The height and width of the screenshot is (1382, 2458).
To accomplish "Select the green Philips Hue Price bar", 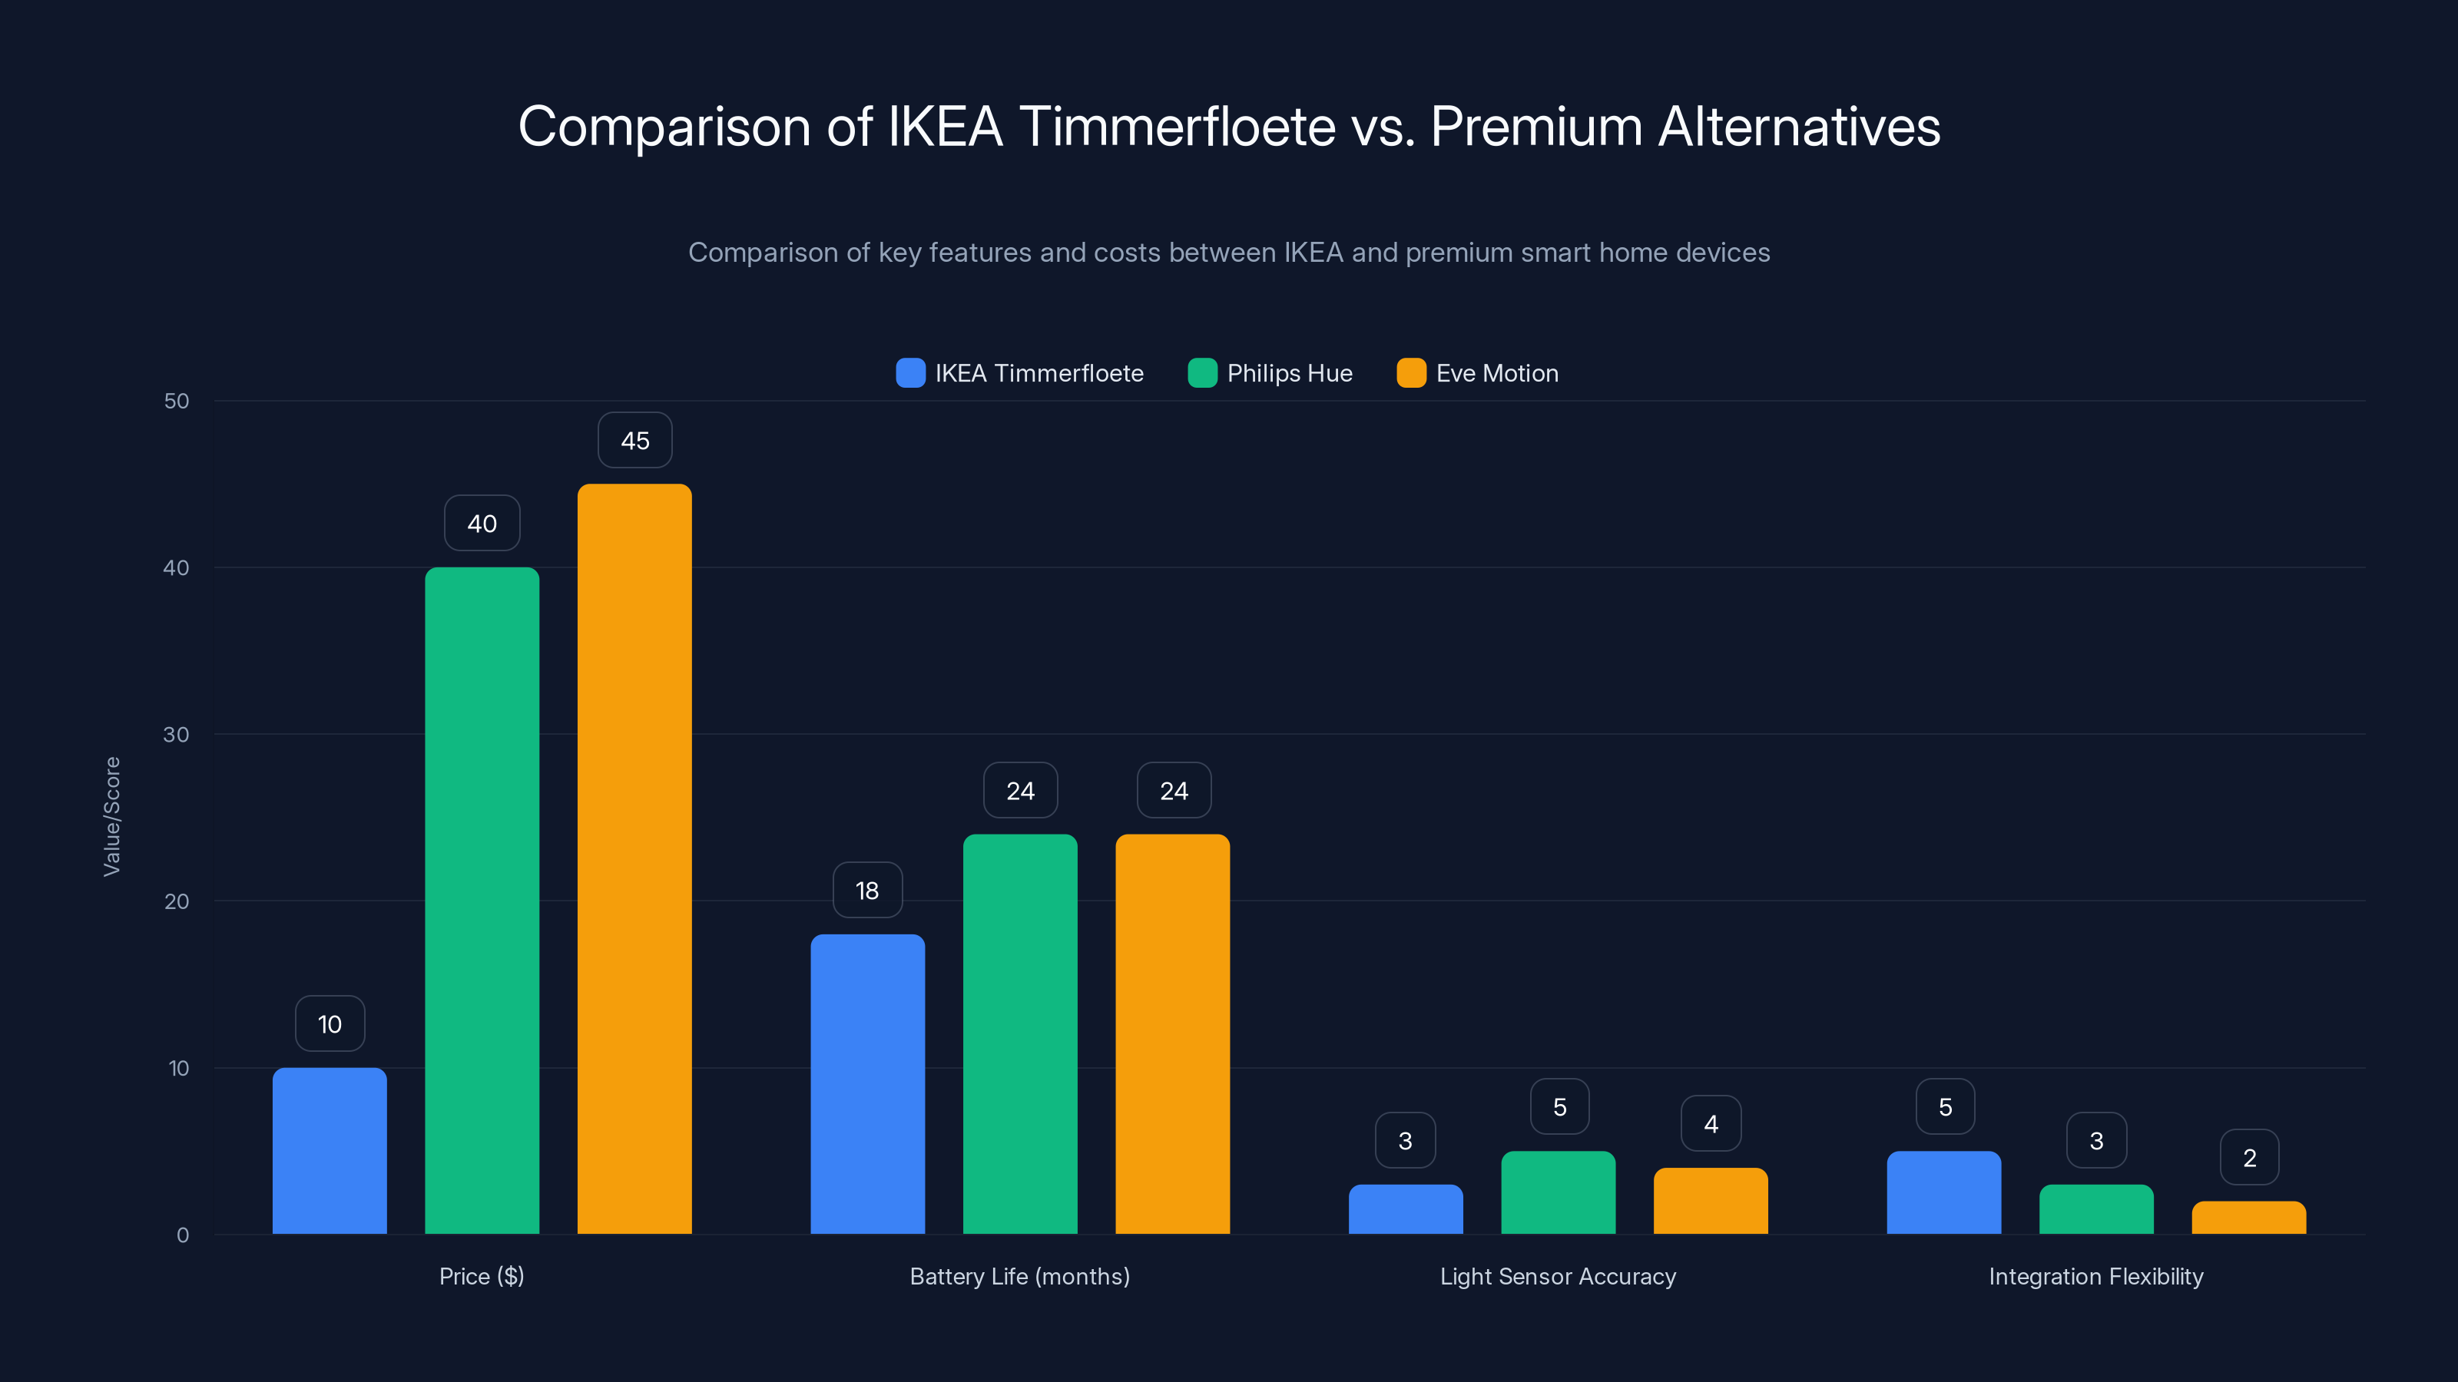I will (x=482, y=901).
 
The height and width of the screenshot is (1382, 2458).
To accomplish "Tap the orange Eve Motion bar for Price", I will (x=634, y=858).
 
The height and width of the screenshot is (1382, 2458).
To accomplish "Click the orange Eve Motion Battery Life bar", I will (x=1173, y=1034).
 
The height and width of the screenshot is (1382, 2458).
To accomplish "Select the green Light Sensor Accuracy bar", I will (x=1559, y=1192).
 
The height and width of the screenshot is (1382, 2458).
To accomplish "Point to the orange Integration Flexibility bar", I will (x=2249, y=1218).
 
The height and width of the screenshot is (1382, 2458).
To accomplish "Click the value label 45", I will (x=635, y=441).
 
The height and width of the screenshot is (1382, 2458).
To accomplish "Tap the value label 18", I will (x=867, y=891).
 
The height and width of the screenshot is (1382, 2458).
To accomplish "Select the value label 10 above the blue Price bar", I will (x=330, y=1024).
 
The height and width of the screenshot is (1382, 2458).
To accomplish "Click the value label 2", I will (x=2250, y=1158).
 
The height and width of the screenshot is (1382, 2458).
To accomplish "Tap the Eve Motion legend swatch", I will (x=1411, y=373).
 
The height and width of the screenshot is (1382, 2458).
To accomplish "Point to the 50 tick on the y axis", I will (x=177, y=401).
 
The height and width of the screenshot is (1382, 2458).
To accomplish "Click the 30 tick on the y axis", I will (x=177, y=735).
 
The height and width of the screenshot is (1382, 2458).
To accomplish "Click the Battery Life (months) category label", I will (x=1019, y=1276).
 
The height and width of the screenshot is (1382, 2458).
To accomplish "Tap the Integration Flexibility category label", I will (x=2095, y=1276).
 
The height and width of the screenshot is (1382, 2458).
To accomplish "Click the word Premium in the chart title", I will (x=1536, y=127).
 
